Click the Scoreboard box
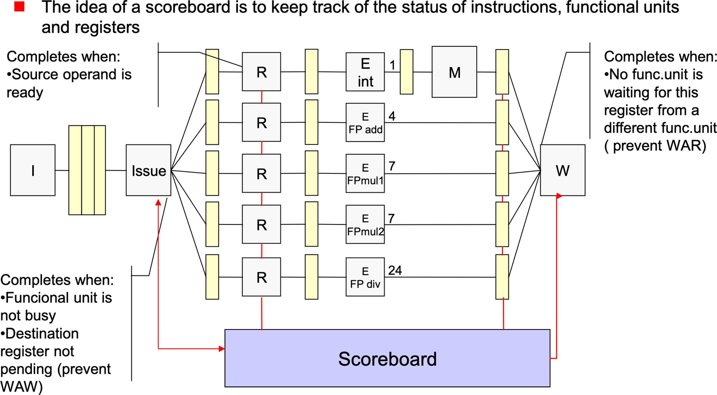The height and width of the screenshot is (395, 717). coord(387,358)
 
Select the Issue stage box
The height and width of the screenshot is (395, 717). coord(148,170)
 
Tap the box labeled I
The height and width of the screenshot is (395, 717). coord(33,170)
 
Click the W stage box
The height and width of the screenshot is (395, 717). coord(562,170)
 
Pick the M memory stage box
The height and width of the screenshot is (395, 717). coord(454,72)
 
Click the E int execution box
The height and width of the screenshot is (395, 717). coord(365,72)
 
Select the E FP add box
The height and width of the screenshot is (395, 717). coord(365,122)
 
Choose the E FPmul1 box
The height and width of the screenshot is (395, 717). coord(365,173)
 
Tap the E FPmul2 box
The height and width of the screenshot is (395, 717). coord(365,224)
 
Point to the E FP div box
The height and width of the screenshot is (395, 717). coord(365,277)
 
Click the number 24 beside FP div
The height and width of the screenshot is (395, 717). coord(395,271)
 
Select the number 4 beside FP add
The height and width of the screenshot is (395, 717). coord(392,116)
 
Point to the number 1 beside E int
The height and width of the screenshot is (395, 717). coord(393,65)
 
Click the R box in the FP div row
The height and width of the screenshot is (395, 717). coord(261,277)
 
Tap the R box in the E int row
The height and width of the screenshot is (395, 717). coord(261,72)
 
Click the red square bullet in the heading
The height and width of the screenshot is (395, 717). coord(19,7)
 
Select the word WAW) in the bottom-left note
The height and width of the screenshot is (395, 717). coord(22,387)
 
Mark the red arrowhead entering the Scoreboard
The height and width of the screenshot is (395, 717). coord(222,348)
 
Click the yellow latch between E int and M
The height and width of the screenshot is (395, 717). coord(407,72)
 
